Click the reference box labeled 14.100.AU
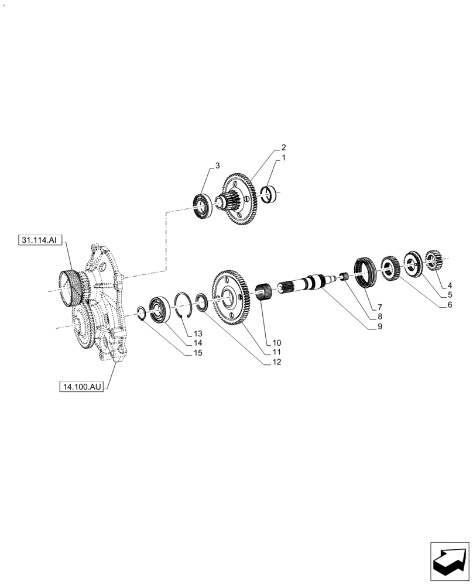point(81,387)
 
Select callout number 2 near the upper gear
point(283,147)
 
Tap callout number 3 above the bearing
point(217,166)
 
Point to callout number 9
point(379,326)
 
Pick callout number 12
point(276,362)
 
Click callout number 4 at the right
point(450,285)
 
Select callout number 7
point(379,307)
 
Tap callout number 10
point(276,342)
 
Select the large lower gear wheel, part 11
point(230,296)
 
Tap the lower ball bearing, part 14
point(159,308)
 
